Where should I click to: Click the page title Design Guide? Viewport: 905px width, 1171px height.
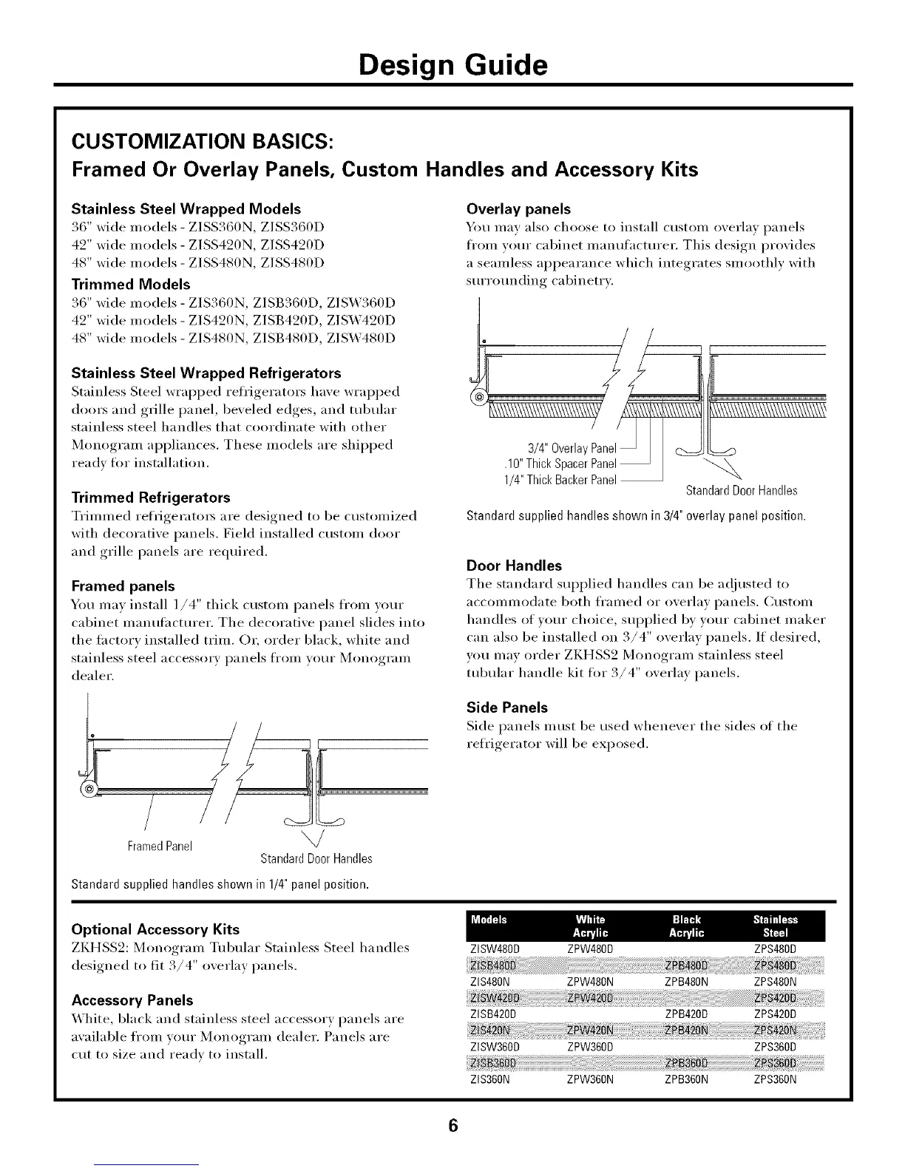pos(452,65)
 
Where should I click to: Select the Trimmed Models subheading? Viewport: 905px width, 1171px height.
pos(131,284)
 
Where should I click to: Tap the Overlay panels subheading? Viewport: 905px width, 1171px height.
pos(519,209)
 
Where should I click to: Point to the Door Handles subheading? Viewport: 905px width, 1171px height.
pos(515,566)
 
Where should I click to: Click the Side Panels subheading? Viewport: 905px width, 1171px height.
pos(507,707)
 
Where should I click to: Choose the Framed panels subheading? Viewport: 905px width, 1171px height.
pos(123,586)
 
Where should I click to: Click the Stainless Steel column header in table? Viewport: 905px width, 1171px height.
pos(775,926)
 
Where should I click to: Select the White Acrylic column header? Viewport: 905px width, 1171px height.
pos(590,926)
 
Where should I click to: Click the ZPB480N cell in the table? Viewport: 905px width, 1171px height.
pos(687,982)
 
